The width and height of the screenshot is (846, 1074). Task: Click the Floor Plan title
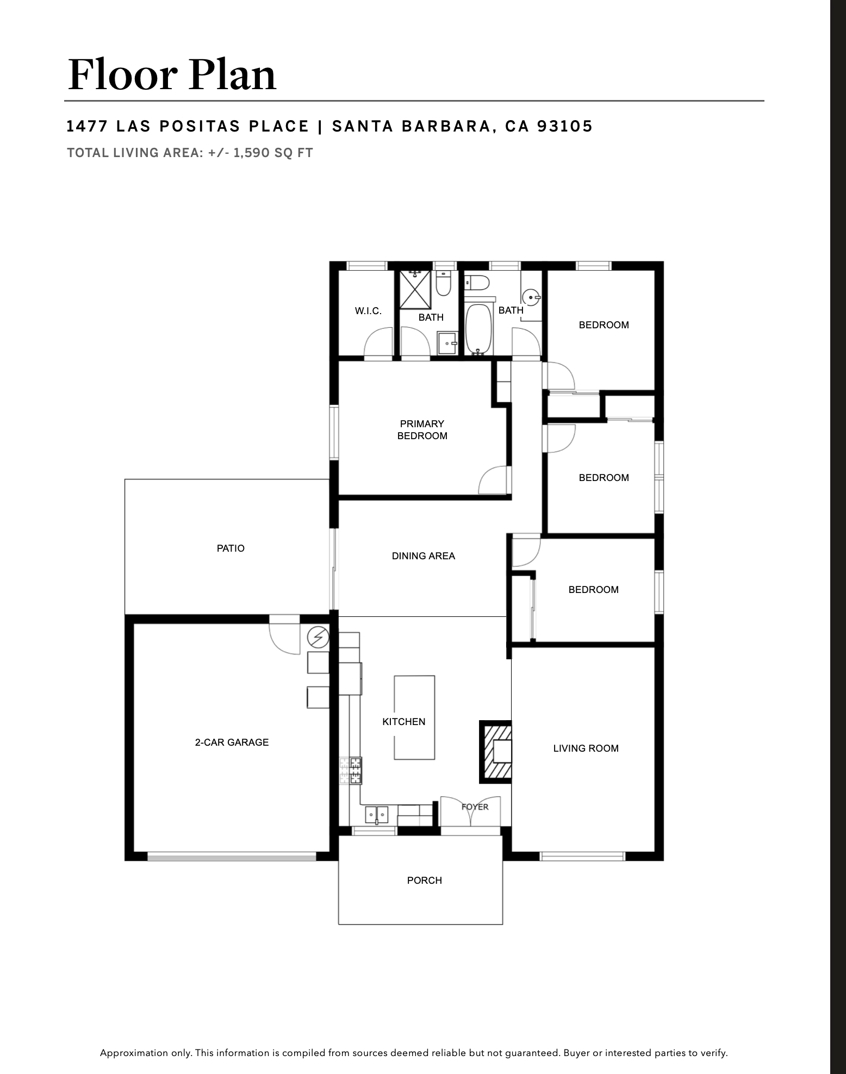click(x=172, y=74)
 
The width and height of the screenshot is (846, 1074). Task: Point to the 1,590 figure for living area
click(x=251, y=153)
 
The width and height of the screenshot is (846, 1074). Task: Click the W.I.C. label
click(x=368, y=311)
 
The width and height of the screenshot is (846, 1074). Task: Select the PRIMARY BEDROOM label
click(x=422, y=429)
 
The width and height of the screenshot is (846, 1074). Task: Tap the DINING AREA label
click(x=424, y=555)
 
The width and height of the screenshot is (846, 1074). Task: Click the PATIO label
click(x=231, y=548)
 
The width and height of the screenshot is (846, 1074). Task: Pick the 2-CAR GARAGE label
click(x=232, y=742)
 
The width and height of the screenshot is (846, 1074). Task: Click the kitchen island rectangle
click(x=414, y=717)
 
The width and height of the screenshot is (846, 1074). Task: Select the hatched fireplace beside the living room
click(x=495, y=752)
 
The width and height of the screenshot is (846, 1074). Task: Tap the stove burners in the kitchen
click(x=351, y=771)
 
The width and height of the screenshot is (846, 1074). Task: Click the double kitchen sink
click(x=377, y=815)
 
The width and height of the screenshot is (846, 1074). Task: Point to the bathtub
click(x=479, y=329)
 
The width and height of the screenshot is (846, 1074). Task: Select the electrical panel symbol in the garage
click(x=318, y=636)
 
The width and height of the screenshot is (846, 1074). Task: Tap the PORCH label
click(x=425, y=880)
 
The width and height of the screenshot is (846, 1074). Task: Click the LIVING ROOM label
click(x=586, y=748)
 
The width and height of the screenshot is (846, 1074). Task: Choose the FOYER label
click(x=475, y=807)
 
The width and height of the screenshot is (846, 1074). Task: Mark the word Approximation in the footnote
click(x=134, y=1053)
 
